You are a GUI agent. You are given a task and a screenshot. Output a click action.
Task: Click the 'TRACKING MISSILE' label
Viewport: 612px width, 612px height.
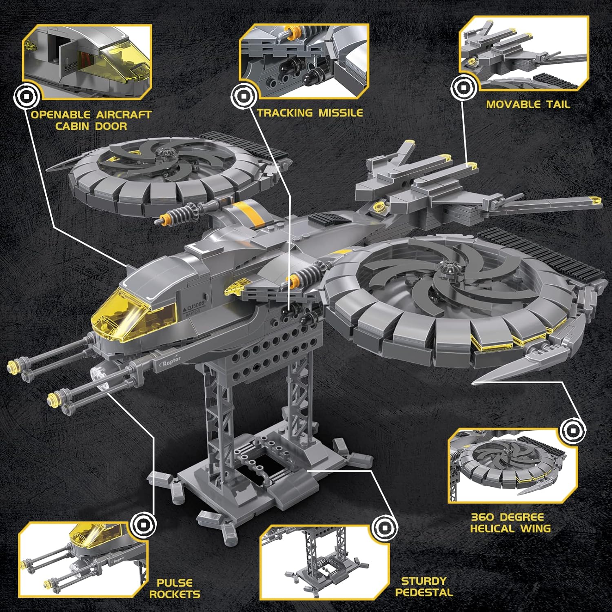click(x=310, y=113)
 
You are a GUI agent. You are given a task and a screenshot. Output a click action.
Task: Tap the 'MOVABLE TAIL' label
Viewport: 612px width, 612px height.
click(x=528, y=104)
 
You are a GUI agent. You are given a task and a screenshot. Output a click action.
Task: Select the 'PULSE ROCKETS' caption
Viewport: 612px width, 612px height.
click(x=175, y=588)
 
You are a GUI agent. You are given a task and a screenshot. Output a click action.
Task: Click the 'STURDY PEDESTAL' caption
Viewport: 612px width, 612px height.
click(x=424, y=587)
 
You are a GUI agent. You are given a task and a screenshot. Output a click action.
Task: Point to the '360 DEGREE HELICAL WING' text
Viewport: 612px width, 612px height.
click(x=510, y=523)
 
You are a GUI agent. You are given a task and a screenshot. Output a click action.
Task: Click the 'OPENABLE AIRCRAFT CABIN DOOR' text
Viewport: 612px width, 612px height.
click(x=91, y=120)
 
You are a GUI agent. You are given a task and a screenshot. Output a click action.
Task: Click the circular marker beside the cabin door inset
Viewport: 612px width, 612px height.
click(x=27, y=97)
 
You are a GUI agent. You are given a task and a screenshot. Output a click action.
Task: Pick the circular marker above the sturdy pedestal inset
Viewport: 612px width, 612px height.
click(x=384, y=528)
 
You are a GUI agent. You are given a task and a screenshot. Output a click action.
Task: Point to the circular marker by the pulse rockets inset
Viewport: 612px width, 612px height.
click(x=144, y=524)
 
